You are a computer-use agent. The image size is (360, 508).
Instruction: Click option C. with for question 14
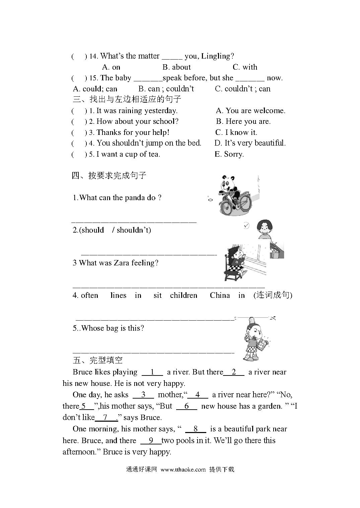coord(245,67)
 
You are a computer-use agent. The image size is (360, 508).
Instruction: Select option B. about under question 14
coord(176,67)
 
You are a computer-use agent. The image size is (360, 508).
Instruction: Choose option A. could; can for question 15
coord(95,89)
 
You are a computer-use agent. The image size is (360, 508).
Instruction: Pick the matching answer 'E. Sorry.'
coord(229,154)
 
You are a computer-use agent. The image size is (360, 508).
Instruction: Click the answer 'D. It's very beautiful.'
coord(250,143)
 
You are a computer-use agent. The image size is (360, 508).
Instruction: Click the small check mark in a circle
coord(246,226)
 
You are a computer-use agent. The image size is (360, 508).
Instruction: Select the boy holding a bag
coord(255,338)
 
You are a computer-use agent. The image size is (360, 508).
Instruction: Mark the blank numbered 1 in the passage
coord(152,372)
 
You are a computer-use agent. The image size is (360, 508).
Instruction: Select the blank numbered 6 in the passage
coord(187,406)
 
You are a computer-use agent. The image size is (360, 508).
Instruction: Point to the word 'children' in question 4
coord(184,295)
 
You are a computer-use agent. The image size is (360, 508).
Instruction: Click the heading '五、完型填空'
coord(97,360)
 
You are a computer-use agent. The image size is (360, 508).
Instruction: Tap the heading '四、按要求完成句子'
coord(109,175)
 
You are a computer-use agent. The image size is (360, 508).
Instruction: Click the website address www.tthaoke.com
coord(183,469)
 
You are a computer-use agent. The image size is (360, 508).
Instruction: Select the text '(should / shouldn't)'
coord(112,230)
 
